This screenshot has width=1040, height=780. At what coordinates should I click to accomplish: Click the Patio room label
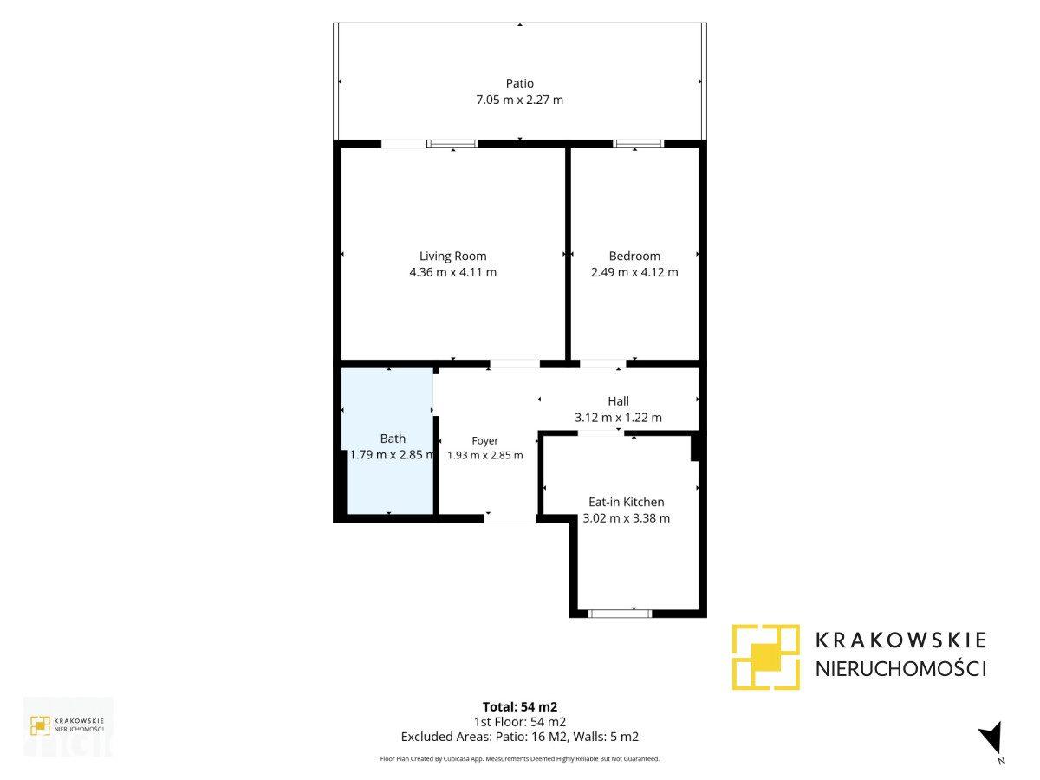click(519, 83)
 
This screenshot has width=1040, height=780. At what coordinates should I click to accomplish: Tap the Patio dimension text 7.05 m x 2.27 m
click(519, 100)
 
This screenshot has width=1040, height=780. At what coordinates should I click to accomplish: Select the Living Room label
click(453, 257)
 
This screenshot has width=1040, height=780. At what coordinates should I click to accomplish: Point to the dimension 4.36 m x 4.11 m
click(453, 272)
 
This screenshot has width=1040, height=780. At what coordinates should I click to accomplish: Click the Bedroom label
click(634, 257)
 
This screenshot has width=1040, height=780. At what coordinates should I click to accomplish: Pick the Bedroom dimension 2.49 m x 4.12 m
click(634, 272)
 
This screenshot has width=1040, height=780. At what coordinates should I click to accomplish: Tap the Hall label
click(618, 401)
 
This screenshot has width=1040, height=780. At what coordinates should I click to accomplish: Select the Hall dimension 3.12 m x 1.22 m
click(618, 418)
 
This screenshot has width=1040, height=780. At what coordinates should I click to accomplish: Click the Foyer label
click(485, 441)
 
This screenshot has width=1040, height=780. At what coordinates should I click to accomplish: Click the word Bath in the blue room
click(393, 439)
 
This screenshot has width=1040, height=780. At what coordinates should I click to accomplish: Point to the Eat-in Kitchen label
click(627, 502)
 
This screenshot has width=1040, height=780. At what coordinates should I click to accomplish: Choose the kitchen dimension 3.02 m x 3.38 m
click(627, 518)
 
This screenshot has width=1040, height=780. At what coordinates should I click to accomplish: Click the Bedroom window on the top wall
click(638, 144)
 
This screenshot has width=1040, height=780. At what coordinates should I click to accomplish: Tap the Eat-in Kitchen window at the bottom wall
click(620, 614)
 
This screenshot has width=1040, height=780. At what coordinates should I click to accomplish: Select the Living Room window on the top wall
click(452, 144)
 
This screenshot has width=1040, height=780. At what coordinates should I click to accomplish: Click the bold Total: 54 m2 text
click(520, 707)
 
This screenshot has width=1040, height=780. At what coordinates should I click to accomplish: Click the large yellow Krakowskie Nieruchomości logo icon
click(765, 657)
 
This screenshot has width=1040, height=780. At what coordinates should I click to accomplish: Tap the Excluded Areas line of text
click(520, 737)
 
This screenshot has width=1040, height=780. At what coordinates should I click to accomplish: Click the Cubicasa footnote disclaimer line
click(520, 758)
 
